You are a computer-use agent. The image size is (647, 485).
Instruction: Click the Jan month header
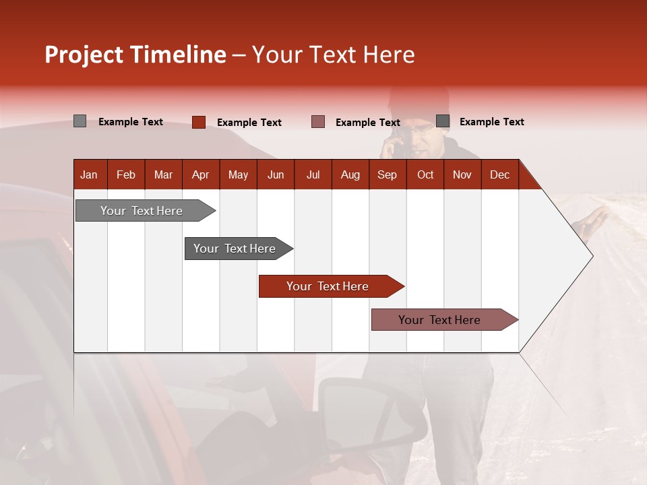pyautogui.click(x=89, y=174)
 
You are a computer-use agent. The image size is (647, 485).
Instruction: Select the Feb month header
pyautogui.click(x=126, y=174)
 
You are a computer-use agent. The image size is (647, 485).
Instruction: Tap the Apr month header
pyautogui.click(x=200, y=174)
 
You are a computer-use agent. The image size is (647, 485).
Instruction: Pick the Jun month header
pyautogui.click(x=276, y=174)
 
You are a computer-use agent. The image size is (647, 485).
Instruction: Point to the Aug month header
pyautogui.click(x=350, y=174)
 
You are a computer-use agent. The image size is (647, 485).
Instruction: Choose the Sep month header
pyautogui.click(x=387, y=174)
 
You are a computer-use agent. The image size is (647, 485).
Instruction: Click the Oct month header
pyautogui.click(x=425, y=174)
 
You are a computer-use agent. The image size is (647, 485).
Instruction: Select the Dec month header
pyautogui.click(x=499, y=174)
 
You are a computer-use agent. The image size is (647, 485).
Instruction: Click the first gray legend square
pyautogui.click(x=80, y=121)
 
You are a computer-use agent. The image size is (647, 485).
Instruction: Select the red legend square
pyautogui.click(x=198, y=122)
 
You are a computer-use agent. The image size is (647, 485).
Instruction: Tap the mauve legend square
pyautogui.click(x=318, y=121)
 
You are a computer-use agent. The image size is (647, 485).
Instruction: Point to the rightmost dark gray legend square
pyautogui.click(x=443, y=121)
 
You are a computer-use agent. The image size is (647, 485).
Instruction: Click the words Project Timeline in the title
pyautogui.click(x=135, y=55)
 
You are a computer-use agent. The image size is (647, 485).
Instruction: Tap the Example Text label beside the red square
pyautogui.click(x=249, y=123)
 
